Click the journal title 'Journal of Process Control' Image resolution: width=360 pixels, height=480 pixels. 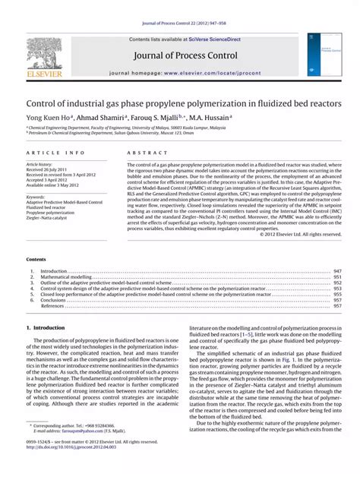pos(185,55)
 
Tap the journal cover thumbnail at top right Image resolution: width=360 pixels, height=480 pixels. pos(321,54)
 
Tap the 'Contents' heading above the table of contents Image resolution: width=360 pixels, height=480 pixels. pos(36,260)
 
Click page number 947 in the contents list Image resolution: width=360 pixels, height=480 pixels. pos(338,271)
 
